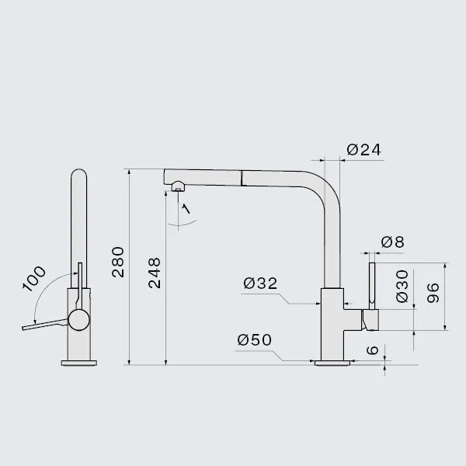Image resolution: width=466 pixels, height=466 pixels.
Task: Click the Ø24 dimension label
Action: point(363,150)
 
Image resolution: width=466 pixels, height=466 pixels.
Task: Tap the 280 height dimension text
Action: point(118,263)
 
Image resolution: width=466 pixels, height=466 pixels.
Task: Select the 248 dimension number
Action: point(155,273)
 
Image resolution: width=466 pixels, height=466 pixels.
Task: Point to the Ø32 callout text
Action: point(260,283)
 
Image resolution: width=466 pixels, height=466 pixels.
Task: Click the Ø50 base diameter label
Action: point(255,339)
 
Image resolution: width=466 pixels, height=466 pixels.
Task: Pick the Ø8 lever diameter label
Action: point(392,242)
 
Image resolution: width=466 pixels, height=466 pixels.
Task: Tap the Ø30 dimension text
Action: point(402,286)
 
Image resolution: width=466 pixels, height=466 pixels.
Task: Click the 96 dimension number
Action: point(433,293)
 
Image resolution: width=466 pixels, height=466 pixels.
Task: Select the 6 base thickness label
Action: point(372,350)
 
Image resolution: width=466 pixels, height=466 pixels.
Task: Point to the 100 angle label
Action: point(34,279)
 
